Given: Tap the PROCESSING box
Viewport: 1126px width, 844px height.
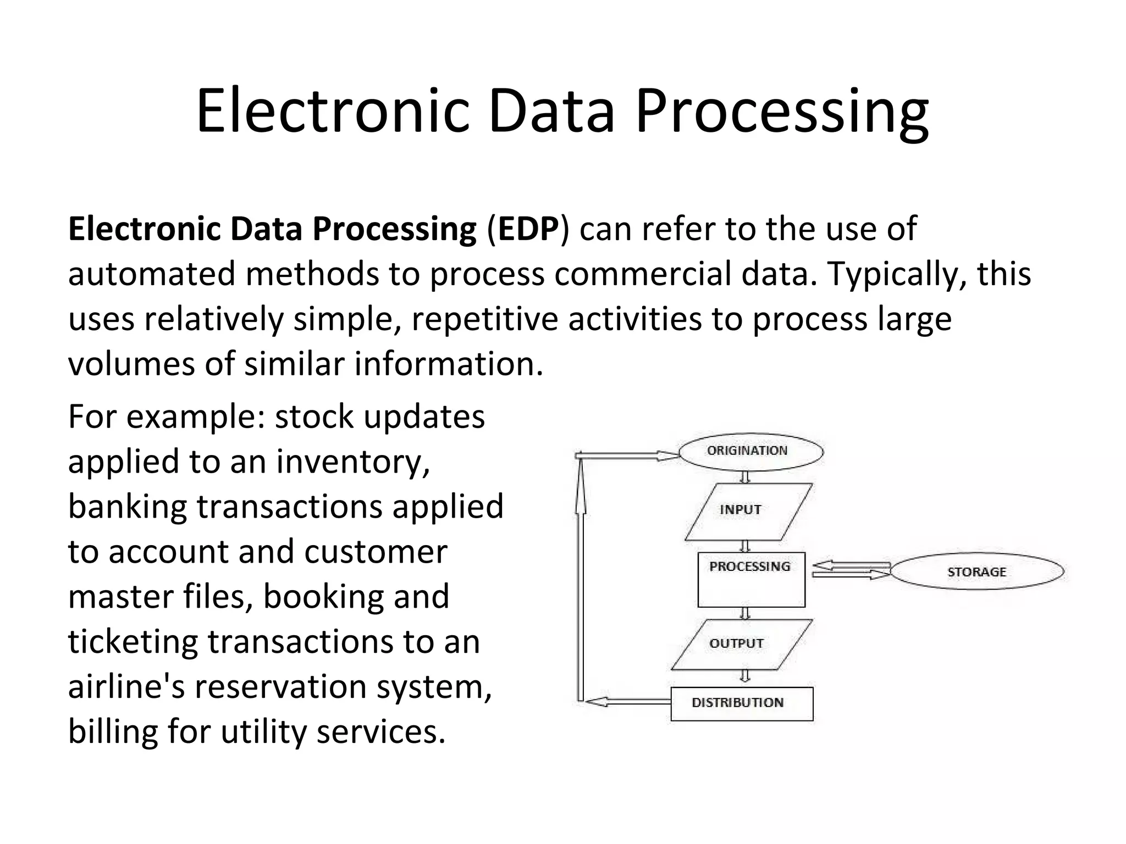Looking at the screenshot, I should point(751,579).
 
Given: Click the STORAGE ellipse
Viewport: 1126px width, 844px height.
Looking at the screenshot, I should point(976,571).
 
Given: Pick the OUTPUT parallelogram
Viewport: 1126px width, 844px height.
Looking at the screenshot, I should point(741,644).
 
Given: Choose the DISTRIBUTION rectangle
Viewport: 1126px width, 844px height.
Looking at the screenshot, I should point(742,703).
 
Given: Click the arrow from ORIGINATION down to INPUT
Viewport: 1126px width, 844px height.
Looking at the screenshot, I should point(745,476).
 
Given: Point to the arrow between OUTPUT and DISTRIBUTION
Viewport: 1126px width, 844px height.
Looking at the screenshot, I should point(745,676).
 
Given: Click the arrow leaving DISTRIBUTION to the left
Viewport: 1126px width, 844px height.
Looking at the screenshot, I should point(627,702).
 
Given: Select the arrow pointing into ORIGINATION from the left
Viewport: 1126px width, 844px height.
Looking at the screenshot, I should point(627,456).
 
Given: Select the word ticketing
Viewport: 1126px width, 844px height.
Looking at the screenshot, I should point(132,642).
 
